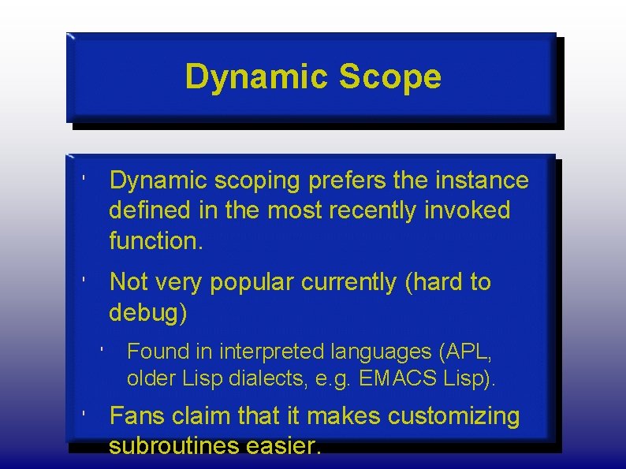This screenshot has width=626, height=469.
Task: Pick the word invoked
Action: click(x=472, y=211)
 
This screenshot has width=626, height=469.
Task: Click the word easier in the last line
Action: click(x=284, y=447)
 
